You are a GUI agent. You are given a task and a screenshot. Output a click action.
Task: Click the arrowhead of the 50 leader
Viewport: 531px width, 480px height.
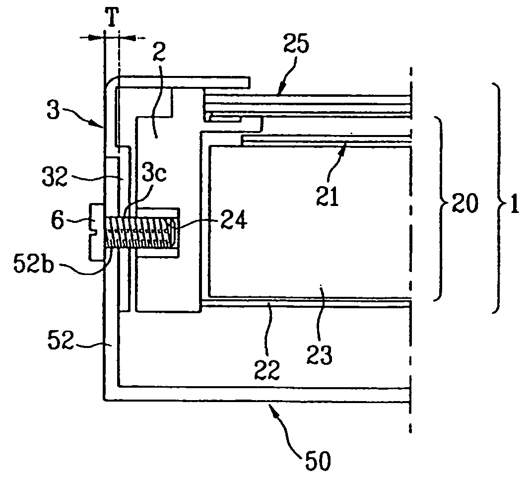pyautogui.click(x=270, y=406)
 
